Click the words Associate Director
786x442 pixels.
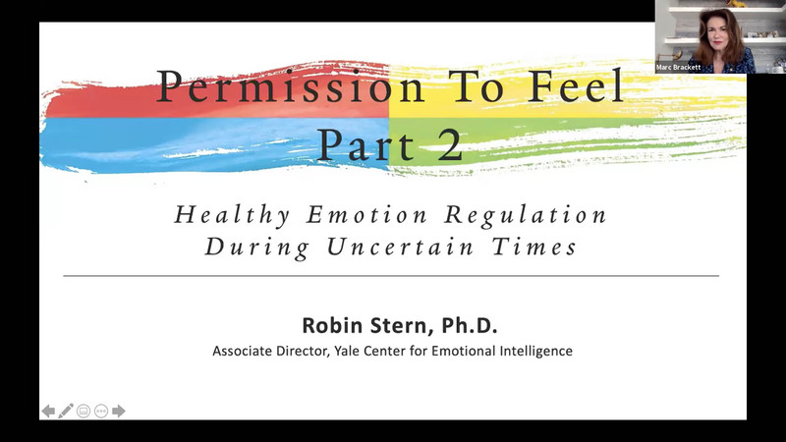[x=267, y=350]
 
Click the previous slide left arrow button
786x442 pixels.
[x=48, y=411]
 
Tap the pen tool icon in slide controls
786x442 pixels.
[x=66, y=411]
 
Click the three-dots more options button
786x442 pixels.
[x=100, y=411]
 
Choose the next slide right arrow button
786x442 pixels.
[x=118, y=411]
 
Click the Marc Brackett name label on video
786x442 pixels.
[x=679, y=68]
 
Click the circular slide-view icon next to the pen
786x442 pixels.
[x=83, y=411]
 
